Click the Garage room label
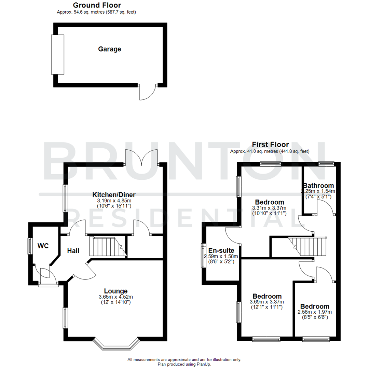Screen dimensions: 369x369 pyautogui.click(x=110, y=49)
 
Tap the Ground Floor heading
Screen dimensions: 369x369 pyautogui.click(x=97, y=5)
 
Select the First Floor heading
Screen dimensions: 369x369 pyautogui.click(x=270, y=145)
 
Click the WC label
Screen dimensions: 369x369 pyautogui.click(x=43, y=246)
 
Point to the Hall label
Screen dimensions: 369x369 pyautogui.click(x=73, y=251)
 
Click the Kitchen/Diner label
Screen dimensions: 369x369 pyautogui.click(x=114, y=195)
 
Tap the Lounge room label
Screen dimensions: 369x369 pyautogui.click(x=116, y=291)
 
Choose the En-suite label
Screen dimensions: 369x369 pyautogui.click(x=221, y=250)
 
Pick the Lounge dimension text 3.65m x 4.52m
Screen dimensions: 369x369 pyautogui.click(x=116, y=297)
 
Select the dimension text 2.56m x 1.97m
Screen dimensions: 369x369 pyautogui.click(x=315, y=312)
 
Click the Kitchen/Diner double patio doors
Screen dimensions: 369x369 pyautogui.click(x=142, y=158)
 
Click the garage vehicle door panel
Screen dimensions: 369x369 pyautogui.click(x=57, y=54)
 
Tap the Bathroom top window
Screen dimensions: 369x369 pyautogui.click(x=326, y=163)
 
